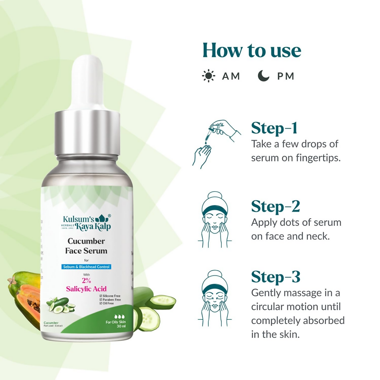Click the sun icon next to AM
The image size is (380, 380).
point(208,76)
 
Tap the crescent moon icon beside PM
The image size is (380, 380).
point(263,76)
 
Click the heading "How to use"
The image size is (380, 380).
point(252,50)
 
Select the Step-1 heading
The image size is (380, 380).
point(274,128)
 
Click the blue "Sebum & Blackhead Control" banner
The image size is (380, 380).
point(86,267)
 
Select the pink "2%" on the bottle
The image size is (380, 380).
point(86,280)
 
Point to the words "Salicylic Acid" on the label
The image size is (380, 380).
point(86,289)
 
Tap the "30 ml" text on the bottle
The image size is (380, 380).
point(121,326)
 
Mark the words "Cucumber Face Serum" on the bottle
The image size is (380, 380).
point(86,246)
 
